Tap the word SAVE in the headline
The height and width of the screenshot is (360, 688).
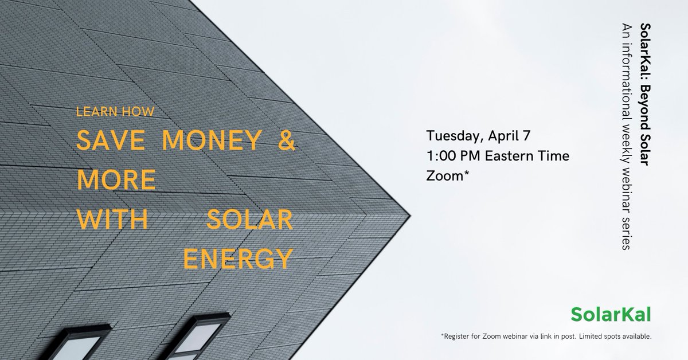coord(108,141)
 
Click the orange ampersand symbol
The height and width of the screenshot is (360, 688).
coord(286,141)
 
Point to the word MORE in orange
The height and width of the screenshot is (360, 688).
coord(116,181)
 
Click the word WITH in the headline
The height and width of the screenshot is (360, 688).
coord(112,220)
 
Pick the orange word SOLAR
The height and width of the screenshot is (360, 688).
coord(249,220)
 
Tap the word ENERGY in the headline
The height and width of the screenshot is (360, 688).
coord(238,259)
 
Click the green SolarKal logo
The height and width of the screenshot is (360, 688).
coord(611,314)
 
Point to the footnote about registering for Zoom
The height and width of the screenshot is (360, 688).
coord(546,336)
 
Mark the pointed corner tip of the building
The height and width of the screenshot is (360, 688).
coord(409,217)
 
